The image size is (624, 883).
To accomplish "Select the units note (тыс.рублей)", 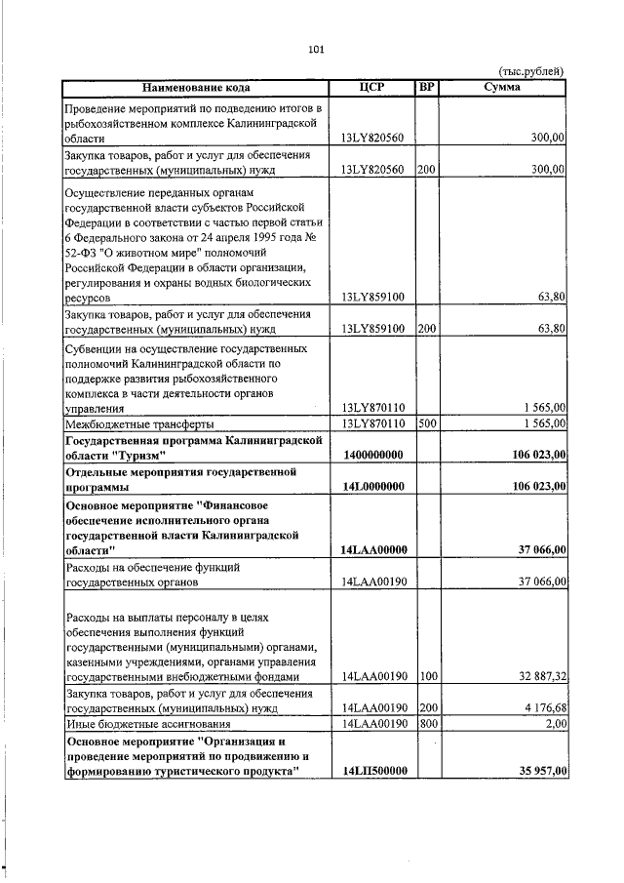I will pos(531,71).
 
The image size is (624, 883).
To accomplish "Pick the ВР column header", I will pos(426,88).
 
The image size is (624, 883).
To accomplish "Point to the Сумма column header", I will pos(502,88).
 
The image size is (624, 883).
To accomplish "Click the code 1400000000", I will pos(374,456).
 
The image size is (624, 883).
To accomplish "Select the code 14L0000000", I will pos(374,487).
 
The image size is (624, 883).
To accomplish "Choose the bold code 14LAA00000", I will pos(374,550).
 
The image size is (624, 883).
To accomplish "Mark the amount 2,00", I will pos(553,723).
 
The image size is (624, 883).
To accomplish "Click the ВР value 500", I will pos(426,424).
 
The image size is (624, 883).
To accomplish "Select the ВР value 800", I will pos(426,723).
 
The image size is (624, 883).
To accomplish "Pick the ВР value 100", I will pos(426,675).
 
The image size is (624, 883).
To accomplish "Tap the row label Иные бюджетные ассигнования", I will pos(146,723).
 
